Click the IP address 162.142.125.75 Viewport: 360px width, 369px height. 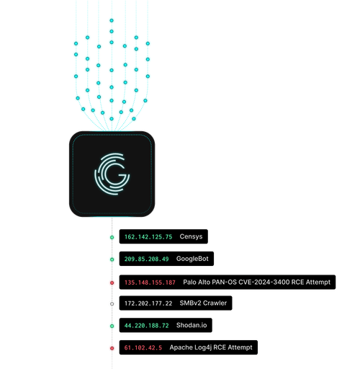(x=148, y=236)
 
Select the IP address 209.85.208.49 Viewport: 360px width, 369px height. (x=146, y=259)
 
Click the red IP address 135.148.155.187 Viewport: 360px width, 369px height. (x=150, y=282)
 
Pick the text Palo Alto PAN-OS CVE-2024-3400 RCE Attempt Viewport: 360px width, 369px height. (x=256, y=282)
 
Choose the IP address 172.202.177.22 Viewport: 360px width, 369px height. (x=148, y=303)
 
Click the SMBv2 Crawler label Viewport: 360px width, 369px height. (x=203, y=303)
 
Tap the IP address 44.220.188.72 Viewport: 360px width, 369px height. (x=146, y=326)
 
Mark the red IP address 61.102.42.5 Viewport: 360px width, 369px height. (x=143, y=348)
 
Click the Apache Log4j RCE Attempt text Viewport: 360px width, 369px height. (x=211, y=348)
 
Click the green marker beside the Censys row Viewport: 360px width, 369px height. (x=112, y=237)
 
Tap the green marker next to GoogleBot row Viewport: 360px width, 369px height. (x=112, y=259)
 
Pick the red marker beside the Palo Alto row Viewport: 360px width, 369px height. (x=112, y=283)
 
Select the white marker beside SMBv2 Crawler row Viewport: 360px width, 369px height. (x=112, y=304)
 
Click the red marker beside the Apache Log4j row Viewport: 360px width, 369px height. (x=112, y=349)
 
